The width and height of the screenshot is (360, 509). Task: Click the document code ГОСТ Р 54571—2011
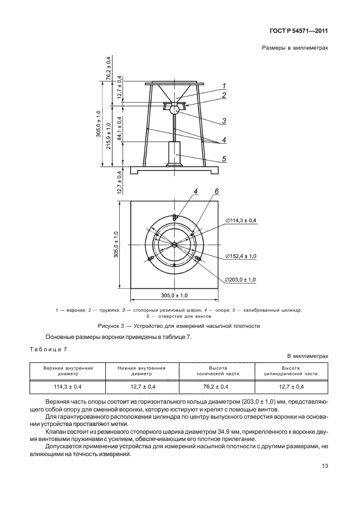click(x=299, y=31)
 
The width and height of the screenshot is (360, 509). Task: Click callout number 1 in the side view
click(x=224, y=86)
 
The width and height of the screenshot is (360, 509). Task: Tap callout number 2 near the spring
click(x=224, y=95)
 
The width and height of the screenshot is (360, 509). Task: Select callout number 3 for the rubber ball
click(x=223, y=121)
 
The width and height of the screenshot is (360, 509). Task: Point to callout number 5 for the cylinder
click(x=224, y=159)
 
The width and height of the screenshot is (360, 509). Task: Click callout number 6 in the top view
click(x=217, y=191)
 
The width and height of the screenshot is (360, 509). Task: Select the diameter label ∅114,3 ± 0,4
click(x=241, y=220)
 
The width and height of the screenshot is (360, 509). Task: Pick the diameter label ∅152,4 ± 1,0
click(x=241, y=256)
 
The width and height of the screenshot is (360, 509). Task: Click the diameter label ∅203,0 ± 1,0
click(x=241, y=279)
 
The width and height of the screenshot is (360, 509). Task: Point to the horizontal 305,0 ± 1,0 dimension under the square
click(x=174, y=295)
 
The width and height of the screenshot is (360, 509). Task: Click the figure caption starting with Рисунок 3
click(x=179, y=326)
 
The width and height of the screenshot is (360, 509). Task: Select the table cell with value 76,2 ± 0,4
click(x=218, y=386)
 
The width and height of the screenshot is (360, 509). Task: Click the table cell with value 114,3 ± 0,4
click(x=67, y=386)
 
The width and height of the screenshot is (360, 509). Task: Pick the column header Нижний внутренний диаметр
click(x=142, y=371)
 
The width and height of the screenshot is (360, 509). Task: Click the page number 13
click(x=325, y=466)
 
